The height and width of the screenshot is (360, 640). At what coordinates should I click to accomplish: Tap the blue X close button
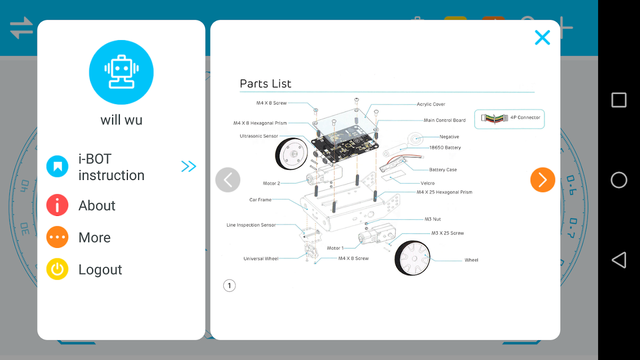point(542,37)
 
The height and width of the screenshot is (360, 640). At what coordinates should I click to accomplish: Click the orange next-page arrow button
point(542,180)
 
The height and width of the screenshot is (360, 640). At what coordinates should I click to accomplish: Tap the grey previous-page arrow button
point(228,180)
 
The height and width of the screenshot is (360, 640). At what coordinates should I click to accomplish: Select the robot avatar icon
point(121,72)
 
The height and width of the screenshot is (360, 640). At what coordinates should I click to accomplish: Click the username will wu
point(121,120)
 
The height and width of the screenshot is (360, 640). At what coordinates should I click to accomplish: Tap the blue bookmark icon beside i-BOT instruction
point(57,166)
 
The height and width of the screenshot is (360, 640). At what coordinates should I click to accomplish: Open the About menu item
point(97,206)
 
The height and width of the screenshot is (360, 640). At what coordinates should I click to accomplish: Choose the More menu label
point(95,238)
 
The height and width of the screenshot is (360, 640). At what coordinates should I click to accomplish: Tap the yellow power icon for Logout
point(57,269)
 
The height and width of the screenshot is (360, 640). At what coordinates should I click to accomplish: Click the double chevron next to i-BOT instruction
point(189,166)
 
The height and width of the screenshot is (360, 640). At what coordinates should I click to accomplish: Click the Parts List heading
point(266,84)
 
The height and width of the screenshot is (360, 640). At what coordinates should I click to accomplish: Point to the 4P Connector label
point(525,117)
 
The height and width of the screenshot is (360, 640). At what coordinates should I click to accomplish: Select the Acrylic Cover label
point(431,104)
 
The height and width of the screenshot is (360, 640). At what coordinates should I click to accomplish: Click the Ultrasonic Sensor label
point(259,136)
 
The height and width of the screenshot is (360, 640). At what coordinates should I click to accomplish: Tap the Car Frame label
point(260,200)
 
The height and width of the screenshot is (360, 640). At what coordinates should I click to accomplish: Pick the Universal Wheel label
point(261,259)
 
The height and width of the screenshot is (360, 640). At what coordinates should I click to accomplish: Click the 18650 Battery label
point(445,148)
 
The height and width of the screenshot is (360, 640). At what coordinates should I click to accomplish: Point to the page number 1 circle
point(229,285)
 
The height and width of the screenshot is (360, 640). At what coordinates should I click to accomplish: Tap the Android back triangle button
point(619,260)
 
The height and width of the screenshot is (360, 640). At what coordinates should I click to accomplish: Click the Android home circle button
point(619,180)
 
